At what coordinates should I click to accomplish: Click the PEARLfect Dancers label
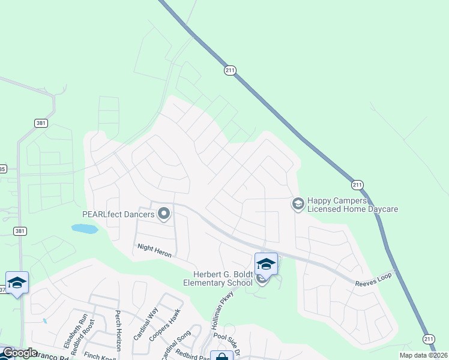point(118,214)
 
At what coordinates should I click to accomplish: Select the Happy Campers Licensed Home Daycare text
point(352,205)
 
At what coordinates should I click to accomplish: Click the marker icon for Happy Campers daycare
point(297,205)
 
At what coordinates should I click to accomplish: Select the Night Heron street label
point(155,251)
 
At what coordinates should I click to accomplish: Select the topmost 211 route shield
point(231,70)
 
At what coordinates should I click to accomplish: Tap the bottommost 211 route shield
point(427,338)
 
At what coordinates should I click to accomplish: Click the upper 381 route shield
point(41,123)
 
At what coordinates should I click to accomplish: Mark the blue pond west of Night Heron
point(85,229)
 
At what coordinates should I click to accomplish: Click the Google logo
point(19,353)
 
